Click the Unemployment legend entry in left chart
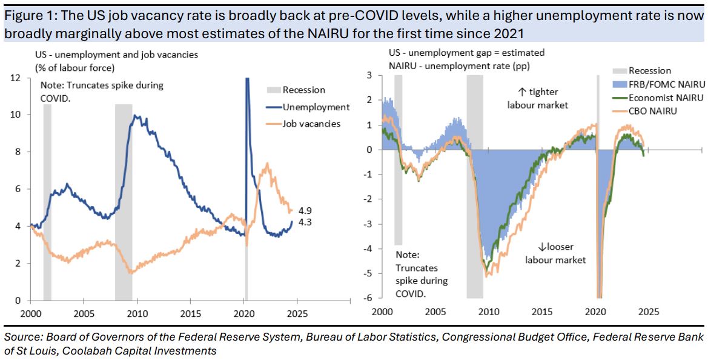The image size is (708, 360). (x=316, y=107)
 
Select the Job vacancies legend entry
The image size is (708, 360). (x=311, y=124)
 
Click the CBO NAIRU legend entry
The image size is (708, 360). (x=653, y=111)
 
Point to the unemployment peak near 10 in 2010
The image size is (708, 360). (x=135, y=116)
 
